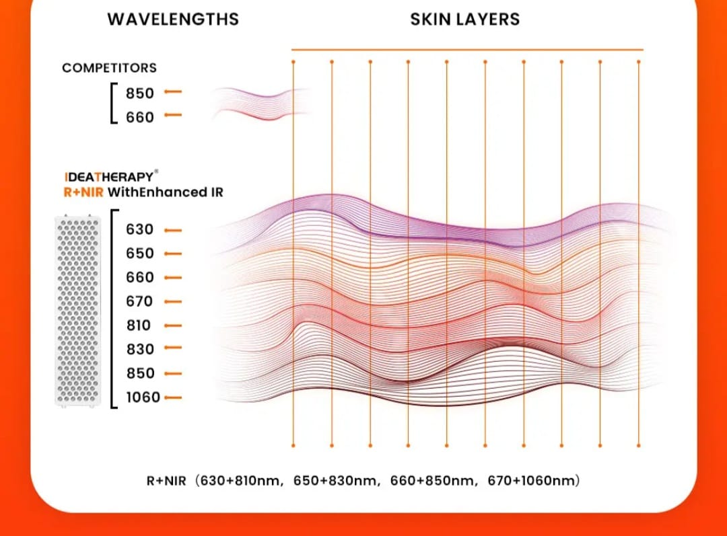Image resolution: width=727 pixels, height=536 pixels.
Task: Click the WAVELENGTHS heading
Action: click(173, 20)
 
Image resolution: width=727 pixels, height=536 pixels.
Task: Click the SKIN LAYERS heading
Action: click(465, 20)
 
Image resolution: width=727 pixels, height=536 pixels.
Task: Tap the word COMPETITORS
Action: click(110, 68)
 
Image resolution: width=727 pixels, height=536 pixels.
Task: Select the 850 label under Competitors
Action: click(139, 93)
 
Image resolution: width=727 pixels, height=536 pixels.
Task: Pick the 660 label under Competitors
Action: click(139, 117)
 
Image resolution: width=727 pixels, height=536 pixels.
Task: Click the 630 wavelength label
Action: click(139, 229)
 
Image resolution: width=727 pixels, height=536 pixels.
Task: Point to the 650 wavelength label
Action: click(139, 254)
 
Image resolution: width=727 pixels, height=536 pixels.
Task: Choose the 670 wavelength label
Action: click(139, 301)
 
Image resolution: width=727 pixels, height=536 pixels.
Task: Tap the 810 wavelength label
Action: click(139, 326)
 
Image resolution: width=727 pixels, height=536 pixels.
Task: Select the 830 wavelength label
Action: click(139, 349)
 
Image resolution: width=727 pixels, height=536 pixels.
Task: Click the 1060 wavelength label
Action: click(143, 397)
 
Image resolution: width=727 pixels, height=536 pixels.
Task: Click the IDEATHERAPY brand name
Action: click(109, 177)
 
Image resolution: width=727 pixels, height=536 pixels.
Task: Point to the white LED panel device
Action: click(77, 311)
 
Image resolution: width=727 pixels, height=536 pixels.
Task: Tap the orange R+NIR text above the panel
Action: click(83, 192)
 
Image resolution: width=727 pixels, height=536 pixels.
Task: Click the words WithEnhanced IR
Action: click(166, 192)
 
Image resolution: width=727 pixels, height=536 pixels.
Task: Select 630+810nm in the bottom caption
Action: click(240, 480)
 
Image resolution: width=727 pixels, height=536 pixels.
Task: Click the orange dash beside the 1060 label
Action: click(173, 397)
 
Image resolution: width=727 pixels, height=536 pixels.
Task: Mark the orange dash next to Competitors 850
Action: click(173, 91)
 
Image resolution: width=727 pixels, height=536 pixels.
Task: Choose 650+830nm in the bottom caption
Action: click(335, 480)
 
